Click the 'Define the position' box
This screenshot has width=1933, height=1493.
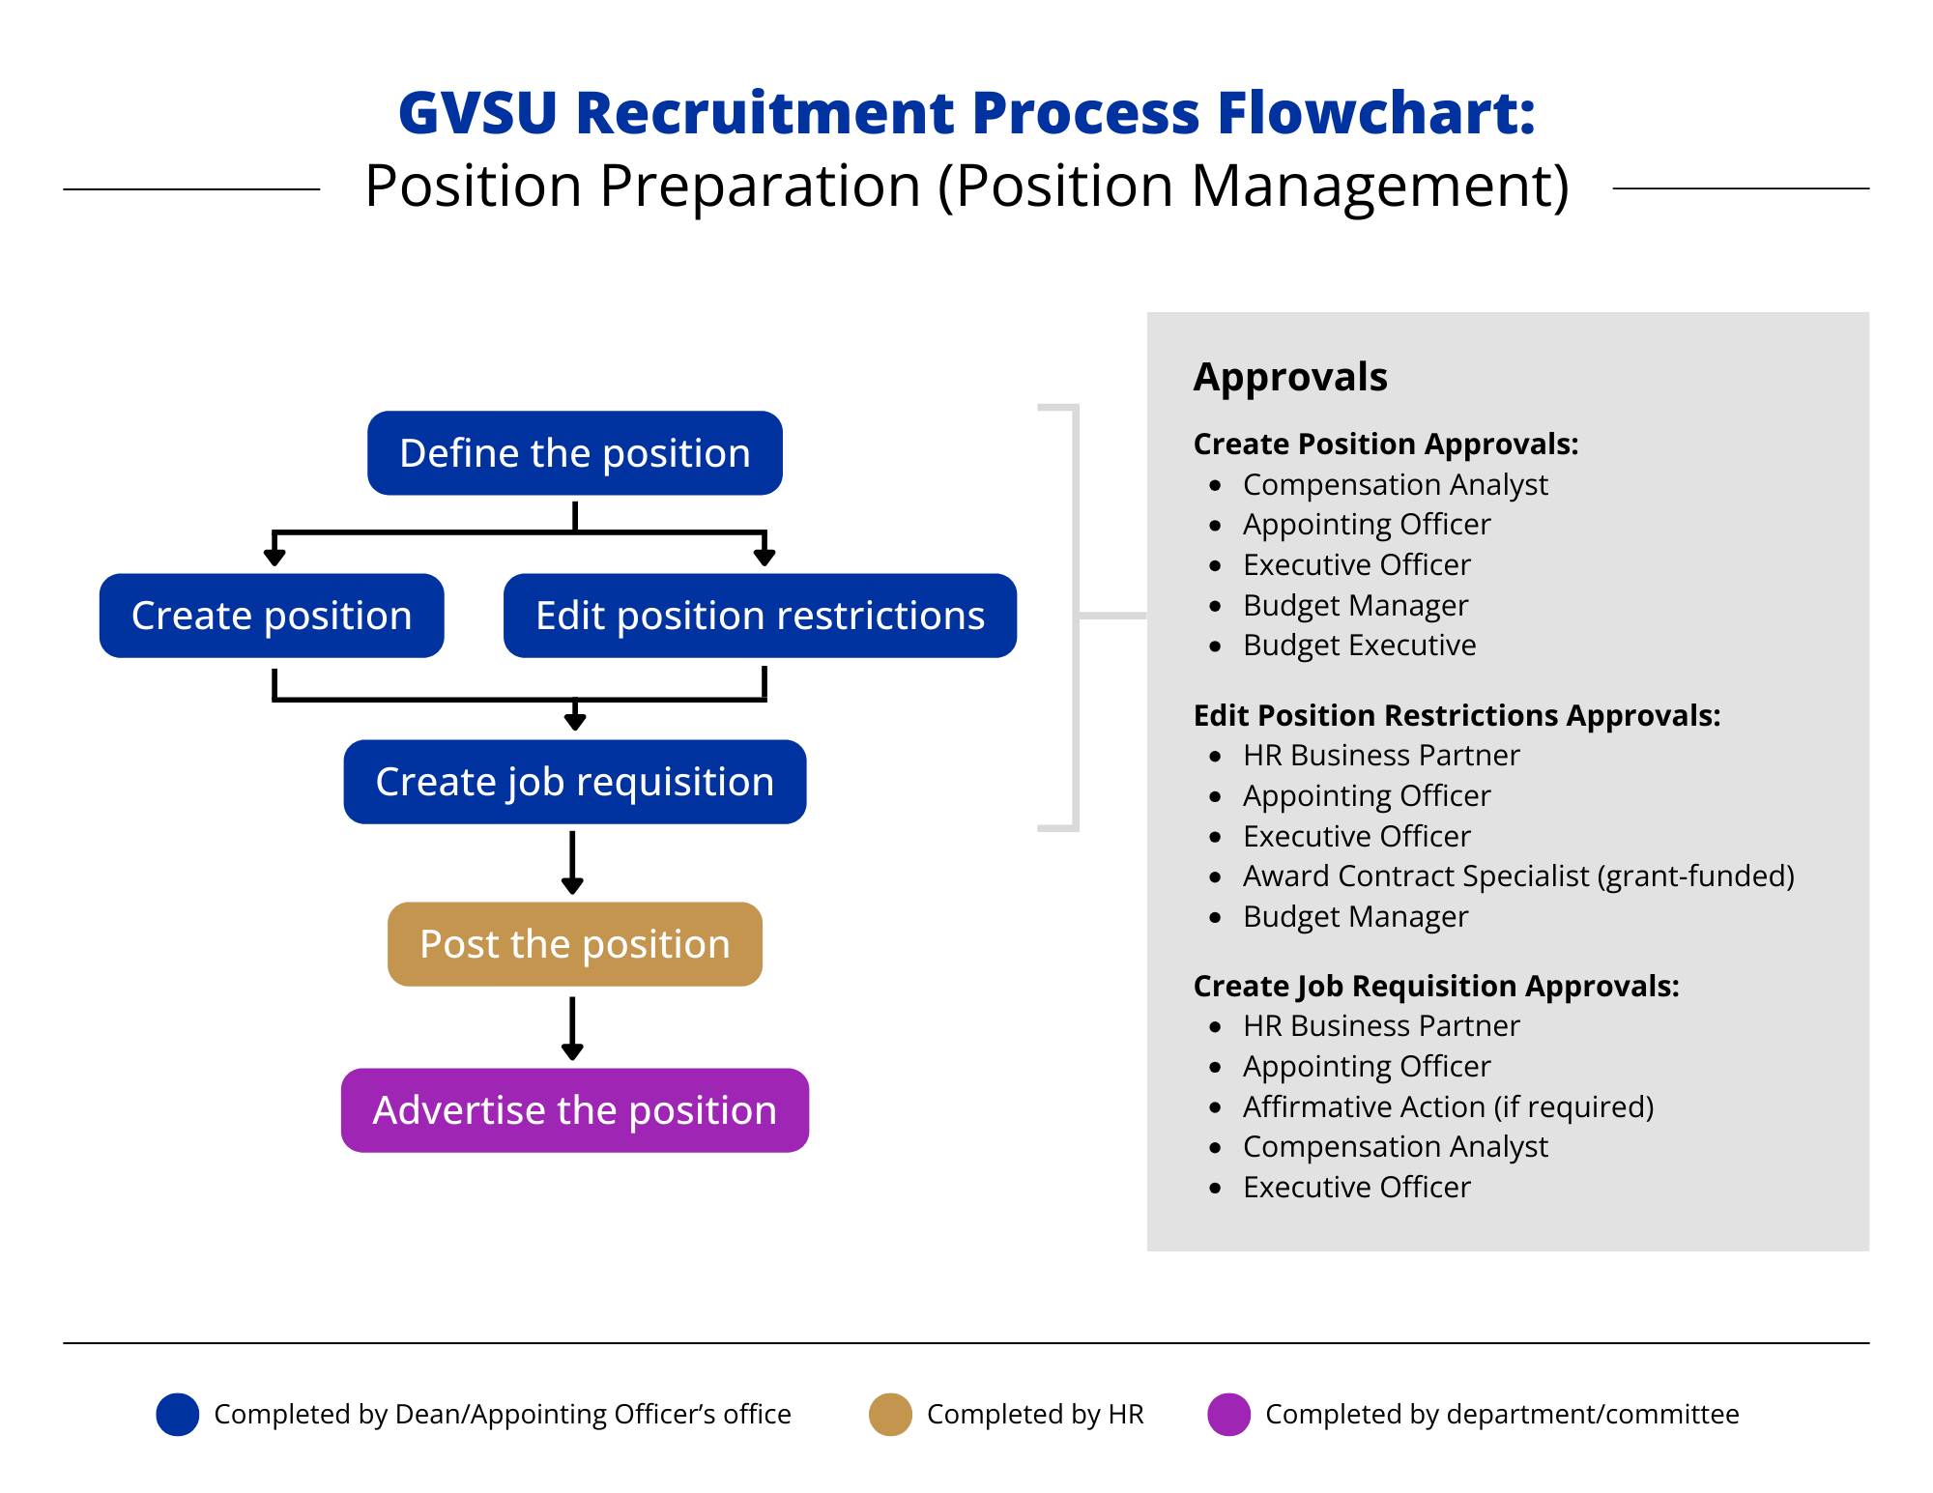(x=574, y=453)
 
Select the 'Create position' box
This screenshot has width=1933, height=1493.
(x=272, y=616)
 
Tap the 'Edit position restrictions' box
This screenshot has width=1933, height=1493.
(x=760, y=616)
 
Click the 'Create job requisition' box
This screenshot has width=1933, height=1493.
(x=574, y=782)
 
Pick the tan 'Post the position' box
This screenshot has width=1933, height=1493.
(x=574, y=944)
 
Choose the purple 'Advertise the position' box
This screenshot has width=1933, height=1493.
(x=574, y=1110)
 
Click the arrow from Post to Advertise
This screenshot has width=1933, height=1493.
(x=572, y=1028)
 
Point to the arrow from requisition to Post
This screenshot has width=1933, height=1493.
(x=572, y=862)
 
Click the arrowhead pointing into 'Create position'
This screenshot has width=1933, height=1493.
(x=274, y=557)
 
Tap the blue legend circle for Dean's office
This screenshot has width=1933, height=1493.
(x=178, y=1415)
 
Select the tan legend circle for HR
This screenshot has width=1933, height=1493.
(x=890, y=1415)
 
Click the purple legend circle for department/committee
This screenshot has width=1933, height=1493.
(x=1228, y=1415)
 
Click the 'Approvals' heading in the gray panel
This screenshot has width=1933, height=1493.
(x=1290, y=377)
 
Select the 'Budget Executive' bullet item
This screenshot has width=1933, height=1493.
(x=1359, y=646)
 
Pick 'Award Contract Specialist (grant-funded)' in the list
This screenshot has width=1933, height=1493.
(x=1517, y=876)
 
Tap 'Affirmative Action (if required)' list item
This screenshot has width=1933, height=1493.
(x=1448, y=1106)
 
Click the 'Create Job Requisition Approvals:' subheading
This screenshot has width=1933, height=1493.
(x=1436, y=986)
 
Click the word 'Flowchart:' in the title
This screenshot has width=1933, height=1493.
(x=1375, y=113)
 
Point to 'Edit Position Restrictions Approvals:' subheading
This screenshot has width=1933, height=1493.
(x=1457, y=715)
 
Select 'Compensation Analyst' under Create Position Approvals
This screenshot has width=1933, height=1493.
(x=1395, y=484)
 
